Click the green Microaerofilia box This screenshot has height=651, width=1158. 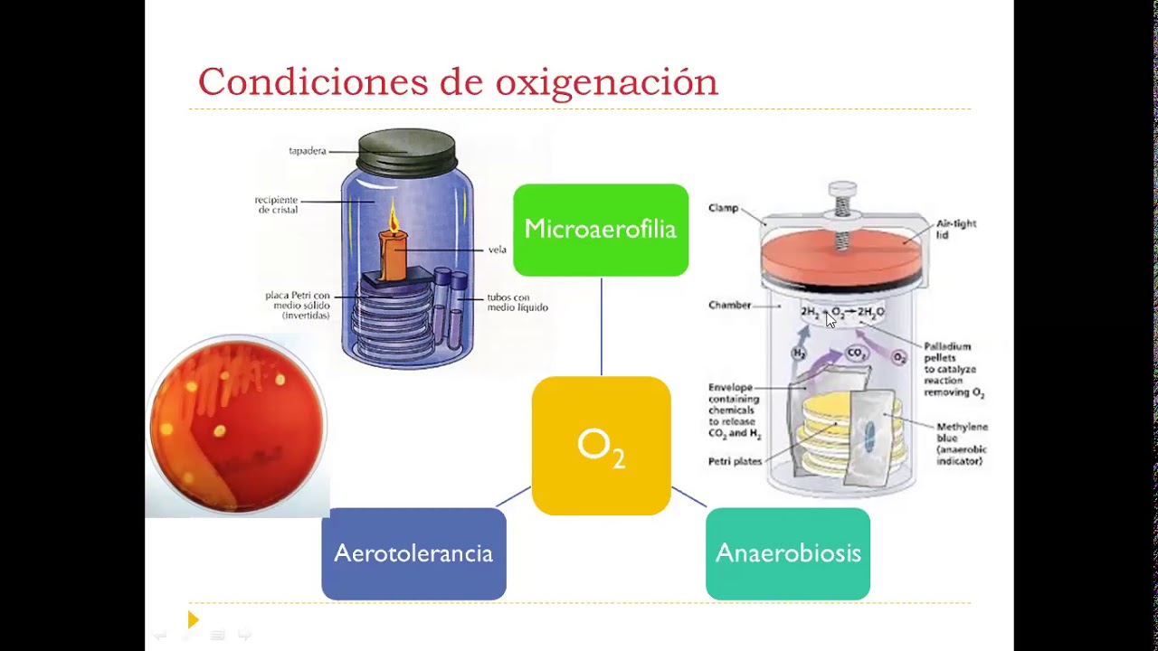(x=600, y=230)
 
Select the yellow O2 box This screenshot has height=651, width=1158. (x=601, y=446)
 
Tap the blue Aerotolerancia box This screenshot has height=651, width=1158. (x=413, y=553)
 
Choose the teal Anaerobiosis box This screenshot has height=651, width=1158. (x=787, y=553)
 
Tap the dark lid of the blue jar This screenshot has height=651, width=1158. (x=406, y=151)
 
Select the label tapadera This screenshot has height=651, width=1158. (x=308, y=151)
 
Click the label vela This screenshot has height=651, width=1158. (x=497, y=250)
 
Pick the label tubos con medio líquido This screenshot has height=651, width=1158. (x=517, y=302)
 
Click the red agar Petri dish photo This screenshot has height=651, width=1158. (x=237, y=425)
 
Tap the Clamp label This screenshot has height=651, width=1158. (x=723, y=208)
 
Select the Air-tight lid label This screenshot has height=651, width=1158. (x=955, y=229)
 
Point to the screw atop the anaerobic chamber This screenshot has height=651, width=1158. (x=842, y=200)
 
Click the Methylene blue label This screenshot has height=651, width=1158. (x=961, y=443)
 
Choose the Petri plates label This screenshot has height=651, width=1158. (x=735, y=461)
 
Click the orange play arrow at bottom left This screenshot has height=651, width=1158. (x=193, y=619)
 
